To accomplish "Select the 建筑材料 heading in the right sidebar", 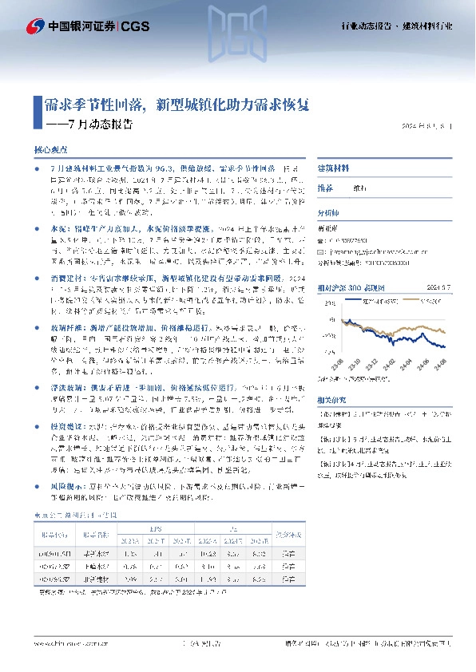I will [334, 169].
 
